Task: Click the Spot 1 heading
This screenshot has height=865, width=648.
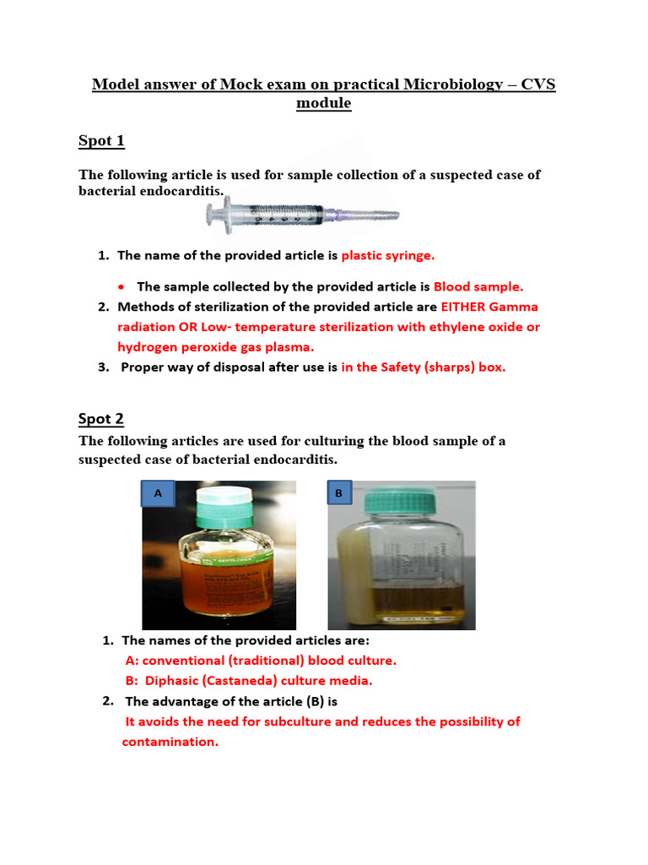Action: [101, 141]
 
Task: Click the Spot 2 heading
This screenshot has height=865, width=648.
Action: [101, 418]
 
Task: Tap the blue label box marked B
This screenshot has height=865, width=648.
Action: [338, 493]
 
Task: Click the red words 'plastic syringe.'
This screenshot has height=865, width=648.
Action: [388, 255]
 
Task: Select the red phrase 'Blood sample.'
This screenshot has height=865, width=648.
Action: [478, 286]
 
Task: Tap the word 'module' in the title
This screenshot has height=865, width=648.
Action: [323, 104]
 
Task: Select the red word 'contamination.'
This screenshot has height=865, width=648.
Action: [170, 742]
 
